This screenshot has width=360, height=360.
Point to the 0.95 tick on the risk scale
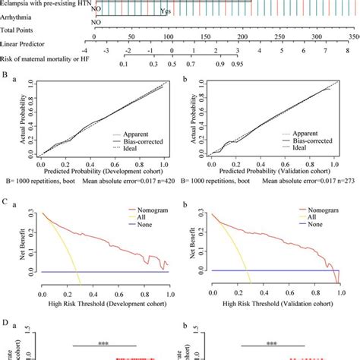[x=236, y=65]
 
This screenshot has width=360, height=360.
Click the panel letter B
[x=6, y=77]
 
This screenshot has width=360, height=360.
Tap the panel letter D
[x=6, y=344]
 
